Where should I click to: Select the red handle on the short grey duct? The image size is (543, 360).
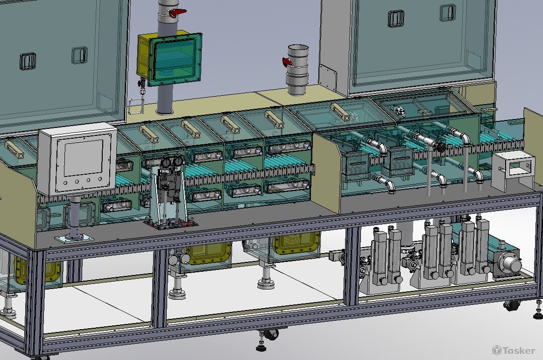point(287,62)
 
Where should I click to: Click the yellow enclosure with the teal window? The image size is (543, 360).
point(169,58)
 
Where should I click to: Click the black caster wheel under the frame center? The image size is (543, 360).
point(272,335)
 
